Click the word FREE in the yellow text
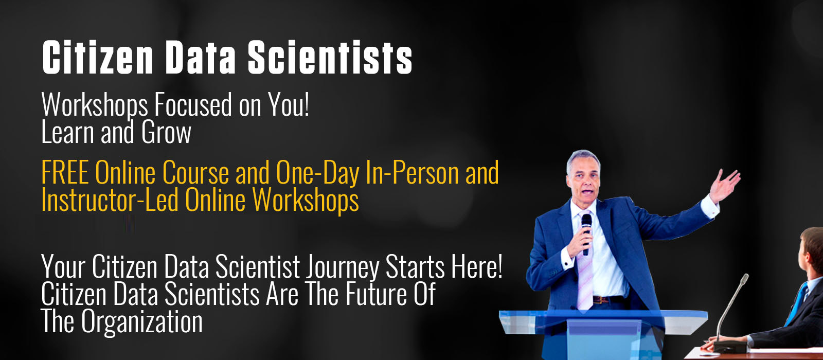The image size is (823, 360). [65, 172]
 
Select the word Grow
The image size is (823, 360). [167, 132]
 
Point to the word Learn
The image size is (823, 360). [67, 132]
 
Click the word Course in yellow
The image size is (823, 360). [195, 172]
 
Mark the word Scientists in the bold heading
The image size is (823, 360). [330, 57]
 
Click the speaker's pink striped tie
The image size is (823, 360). [584, 264]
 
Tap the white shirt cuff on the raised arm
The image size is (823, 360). [710, 206]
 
